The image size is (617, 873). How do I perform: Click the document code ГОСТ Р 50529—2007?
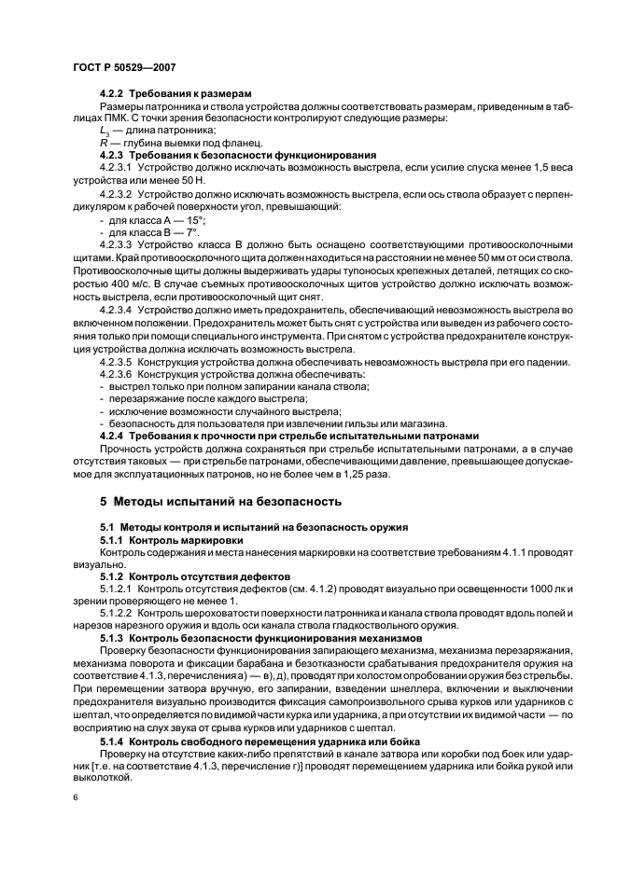[x=123, y=68]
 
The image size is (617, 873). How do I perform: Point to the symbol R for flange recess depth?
[x=103, y=143]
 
